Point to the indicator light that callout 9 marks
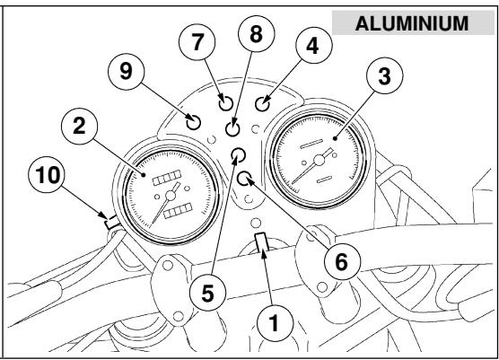coord(193,121)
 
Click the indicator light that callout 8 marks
coord(233,127)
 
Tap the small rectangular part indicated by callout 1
coord(262,242)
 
